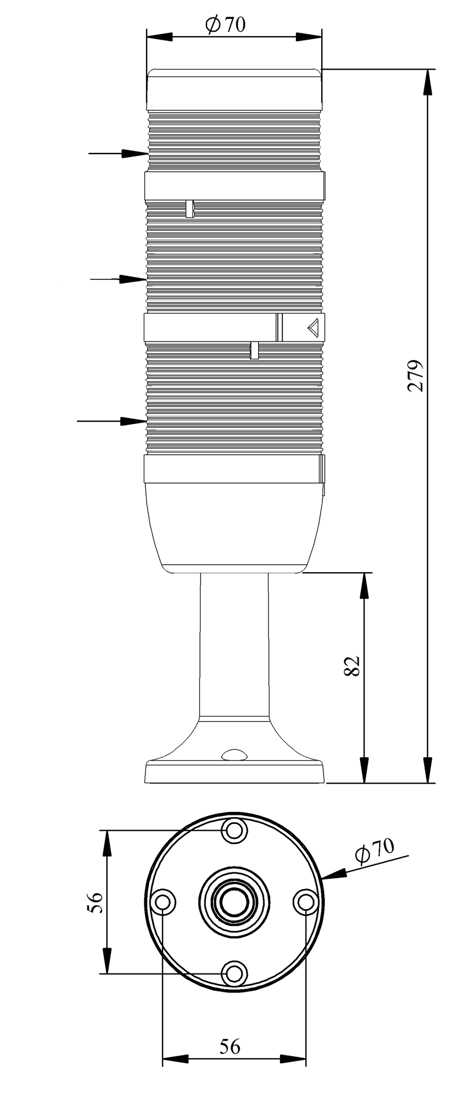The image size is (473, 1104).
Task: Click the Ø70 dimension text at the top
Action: (x=225, y=25)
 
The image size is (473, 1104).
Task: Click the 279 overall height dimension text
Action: (x=415, y=375)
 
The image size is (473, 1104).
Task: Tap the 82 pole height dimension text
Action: (x=352, y=665)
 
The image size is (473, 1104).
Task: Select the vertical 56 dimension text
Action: (x=95, y=902)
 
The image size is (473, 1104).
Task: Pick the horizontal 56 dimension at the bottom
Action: (x=230, y=1046)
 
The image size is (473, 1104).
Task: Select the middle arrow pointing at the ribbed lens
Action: (x=118, y=279)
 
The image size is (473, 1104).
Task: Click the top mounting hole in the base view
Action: (x=234, y=830)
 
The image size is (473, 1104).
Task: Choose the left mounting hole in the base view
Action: (x=163, y=902)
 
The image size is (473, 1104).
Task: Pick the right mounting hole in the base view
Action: (x=305, y=902)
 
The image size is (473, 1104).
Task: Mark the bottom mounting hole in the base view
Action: (x=234, y=973)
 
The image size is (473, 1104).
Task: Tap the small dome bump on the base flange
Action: (x=234, y=754)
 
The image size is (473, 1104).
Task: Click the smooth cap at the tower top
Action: (x=234, y=89)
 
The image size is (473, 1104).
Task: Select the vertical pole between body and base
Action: (x=234, y=644)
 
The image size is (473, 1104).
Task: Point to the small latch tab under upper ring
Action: (x=189, y=209)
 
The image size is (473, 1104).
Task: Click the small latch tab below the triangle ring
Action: (x=253, y=350)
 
